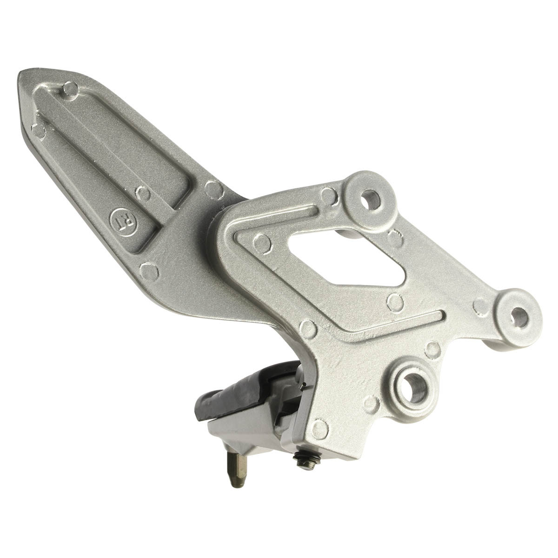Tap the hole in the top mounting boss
point(371,199)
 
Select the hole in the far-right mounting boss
point(519,318)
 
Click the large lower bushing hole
point(415,387)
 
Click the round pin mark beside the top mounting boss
point(329,195)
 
